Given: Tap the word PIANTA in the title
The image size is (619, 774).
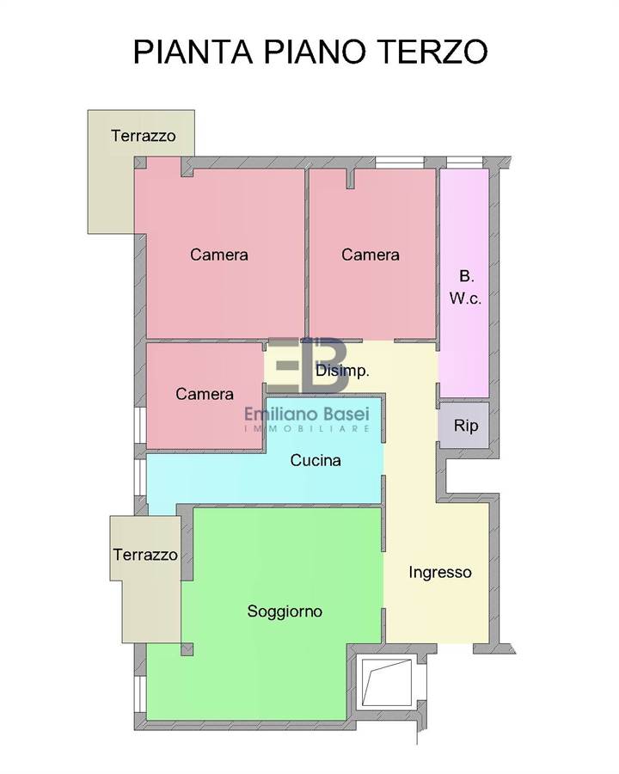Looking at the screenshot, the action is coord(193,51).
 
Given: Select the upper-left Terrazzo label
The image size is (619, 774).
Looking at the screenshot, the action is coord(144,136).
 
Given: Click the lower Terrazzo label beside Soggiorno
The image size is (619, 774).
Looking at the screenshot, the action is coord(145,555).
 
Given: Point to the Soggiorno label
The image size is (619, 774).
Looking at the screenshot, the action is coord(285,611).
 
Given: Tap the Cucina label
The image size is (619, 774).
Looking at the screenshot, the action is coord(316,460).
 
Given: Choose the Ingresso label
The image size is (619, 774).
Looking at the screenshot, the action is coord(440,573).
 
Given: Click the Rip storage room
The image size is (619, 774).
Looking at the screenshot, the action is coord(464,425).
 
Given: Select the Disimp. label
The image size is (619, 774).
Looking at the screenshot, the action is coord(342,371).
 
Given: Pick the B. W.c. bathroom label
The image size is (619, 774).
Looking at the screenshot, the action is coord(465,287).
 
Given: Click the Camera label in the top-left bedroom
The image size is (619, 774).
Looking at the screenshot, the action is coord(218,255).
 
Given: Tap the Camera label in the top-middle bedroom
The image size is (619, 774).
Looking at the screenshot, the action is coord(371,255).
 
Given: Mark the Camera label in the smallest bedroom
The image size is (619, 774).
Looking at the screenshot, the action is coord(205,394).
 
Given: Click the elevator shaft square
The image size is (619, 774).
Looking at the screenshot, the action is coord(387,683).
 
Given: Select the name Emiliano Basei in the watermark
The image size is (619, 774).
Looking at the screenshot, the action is coord(307,415).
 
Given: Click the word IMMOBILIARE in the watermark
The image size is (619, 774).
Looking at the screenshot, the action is coord(307,428).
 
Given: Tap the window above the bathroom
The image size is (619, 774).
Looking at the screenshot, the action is coord(464,163).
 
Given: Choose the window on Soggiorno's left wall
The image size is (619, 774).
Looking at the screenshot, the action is coord(140,694).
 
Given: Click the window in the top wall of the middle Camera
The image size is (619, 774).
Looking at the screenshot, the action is coord(399,163).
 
